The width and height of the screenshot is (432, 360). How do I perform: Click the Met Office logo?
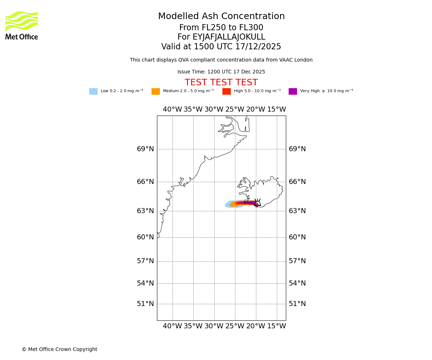coord(22,25)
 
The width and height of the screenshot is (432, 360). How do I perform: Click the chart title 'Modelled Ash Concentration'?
coord(221,17)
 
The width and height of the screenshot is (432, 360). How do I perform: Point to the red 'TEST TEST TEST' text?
coord(221,83)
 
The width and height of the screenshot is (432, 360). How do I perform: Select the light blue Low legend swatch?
coord(93,91)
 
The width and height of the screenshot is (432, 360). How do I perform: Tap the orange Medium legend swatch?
coord(156,91)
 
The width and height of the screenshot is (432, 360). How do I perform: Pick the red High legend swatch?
coord(226,91)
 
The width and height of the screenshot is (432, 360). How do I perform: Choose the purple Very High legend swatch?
coord(293,91)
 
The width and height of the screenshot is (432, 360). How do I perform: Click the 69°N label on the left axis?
coord(145,149)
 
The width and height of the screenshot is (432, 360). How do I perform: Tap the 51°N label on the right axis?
coord(297,304)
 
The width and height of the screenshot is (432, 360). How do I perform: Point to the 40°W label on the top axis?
coord(172,109)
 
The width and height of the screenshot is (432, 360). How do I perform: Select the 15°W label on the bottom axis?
coord(276,326)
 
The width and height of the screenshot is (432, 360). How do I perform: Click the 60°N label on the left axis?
coord(145,237)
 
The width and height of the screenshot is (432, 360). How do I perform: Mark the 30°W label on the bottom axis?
coord(214,326)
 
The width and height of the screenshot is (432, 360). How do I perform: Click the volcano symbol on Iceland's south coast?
coord(257,202)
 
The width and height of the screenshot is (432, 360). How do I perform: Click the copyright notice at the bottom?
coord(59,350)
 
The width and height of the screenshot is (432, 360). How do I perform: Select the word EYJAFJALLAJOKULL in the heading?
coord(229,37)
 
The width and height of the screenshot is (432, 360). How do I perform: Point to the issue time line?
coord(221,72)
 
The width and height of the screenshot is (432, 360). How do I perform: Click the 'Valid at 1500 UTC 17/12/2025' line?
coord(221,47)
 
